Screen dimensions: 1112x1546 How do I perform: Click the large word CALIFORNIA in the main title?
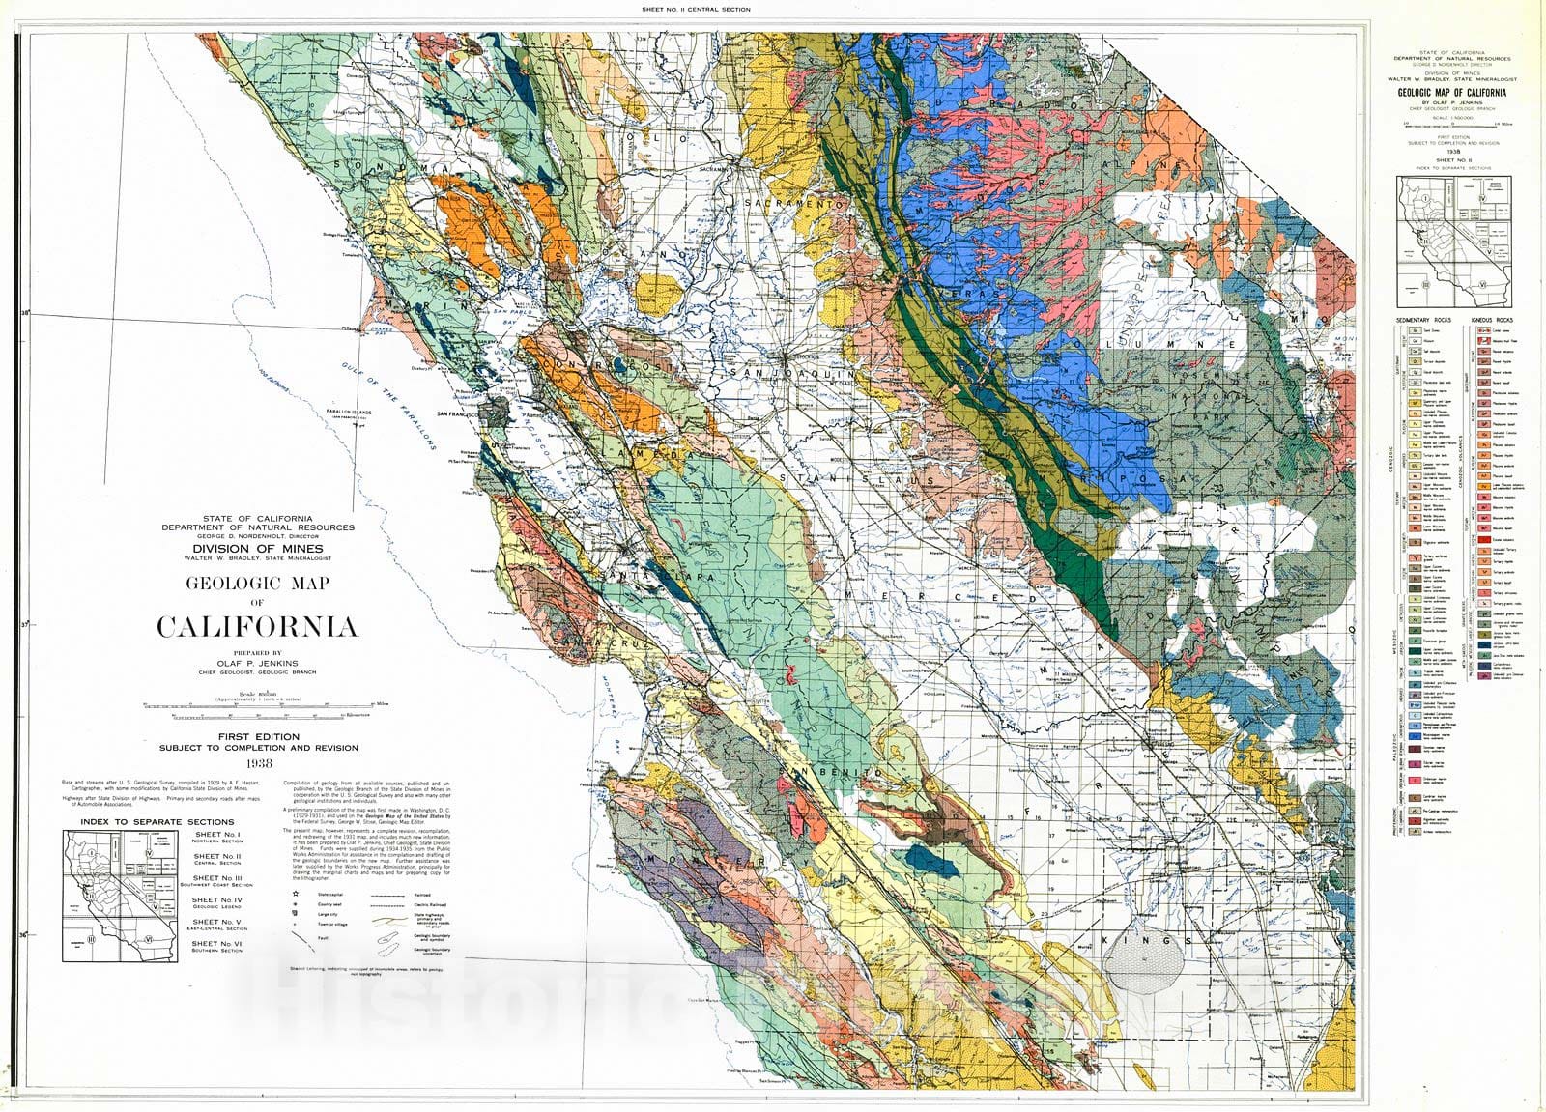(257, 627)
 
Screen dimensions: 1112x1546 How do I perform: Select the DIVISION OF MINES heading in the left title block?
(257, 548)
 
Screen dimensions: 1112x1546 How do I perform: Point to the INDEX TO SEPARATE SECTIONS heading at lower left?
(145, 821)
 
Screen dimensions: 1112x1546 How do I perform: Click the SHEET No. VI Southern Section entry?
(217, 945)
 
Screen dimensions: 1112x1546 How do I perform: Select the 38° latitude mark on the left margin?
(26, 312)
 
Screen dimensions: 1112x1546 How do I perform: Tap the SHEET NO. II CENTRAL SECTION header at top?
(696, 9)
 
